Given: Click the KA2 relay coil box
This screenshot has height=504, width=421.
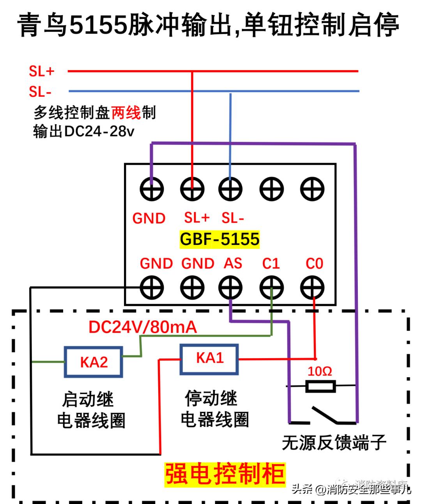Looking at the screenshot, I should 94,362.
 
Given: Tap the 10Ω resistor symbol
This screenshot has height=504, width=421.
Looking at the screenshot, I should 320,387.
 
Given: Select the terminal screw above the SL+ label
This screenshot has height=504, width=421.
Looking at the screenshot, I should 192,189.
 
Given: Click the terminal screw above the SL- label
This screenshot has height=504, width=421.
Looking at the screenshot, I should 230,189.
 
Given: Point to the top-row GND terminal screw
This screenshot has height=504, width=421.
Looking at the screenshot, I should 152,189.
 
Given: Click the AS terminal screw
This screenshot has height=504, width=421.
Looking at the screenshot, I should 230,288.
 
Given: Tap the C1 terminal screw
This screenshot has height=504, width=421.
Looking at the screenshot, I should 271,288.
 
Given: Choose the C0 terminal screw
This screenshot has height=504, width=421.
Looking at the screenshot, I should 312,288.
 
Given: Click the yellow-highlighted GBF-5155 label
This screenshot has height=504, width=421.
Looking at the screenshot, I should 219,239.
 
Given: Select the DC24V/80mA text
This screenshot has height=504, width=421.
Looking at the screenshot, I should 143,327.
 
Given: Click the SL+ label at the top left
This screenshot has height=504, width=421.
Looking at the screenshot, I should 41,71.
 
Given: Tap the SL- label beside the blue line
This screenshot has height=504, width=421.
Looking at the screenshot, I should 40,92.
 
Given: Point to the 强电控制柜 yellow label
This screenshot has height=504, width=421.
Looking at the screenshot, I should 225,474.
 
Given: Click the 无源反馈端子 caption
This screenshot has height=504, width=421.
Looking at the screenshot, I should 334,443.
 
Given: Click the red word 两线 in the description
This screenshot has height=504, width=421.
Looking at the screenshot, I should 126,113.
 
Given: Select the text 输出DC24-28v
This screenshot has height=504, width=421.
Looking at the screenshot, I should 84,131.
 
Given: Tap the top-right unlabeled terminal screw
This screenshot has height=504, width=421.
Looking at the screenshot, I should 312,189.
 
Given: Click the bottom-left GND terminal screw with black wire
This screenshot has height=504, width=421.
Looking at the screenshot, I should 152,288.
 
